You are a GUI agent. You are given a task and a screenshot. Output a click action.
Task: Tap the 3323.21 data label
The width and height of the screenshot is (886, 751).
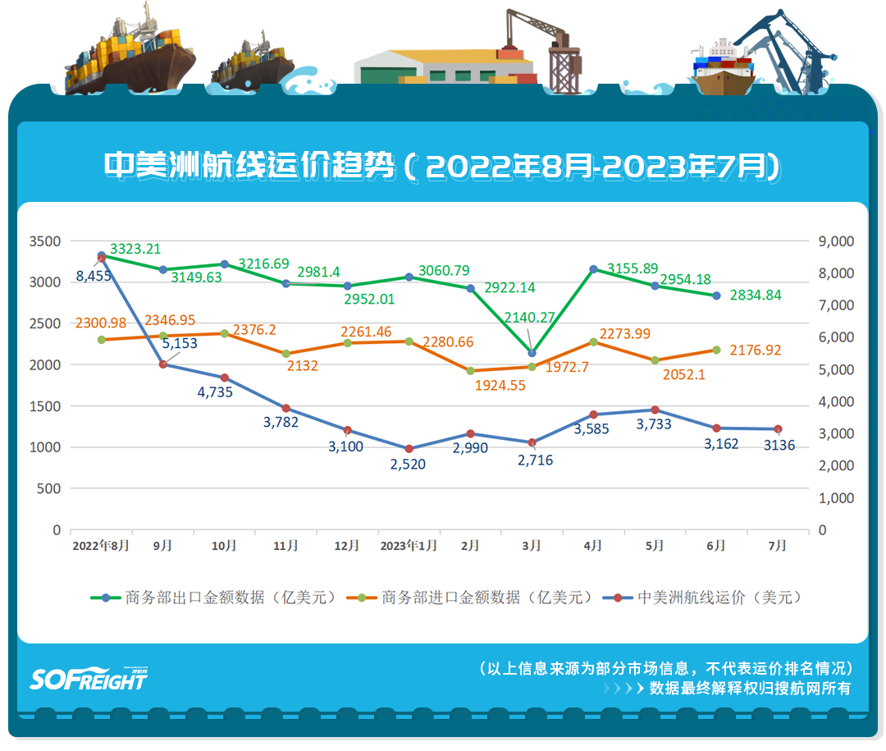pos(135,249)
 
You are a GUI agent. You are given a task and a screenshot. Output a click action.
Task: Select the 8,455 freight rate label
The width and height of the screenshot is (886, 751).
pos(94,276)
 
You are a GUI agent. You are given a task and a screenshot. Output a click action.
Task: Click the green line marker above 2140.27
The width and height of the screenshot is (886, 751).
pos(532,353)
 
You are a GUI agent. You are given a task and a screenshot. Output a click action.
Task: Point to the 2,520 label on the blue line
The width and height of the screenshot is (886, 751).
pos(409,465)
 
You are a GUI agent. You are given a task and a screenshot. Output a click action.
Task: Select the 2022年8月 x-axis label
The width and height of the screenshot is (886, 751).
pos(101,546)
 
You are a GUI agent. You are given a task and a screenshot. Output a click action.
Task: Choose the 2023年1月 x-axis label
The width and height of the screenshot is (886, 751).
pos(409,546)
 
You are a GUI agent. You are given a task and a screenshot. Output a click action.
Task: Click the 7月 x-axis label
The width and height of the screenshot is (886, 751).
pos(778,546)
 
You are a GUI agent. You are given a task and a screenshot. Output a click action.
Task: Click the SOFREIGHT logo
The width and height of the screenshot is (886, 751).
pos(89,677)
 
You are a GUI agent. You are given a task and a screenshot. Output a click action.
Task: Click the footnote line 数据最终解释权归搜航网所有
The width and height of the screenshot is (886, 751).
pos(750,689)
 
